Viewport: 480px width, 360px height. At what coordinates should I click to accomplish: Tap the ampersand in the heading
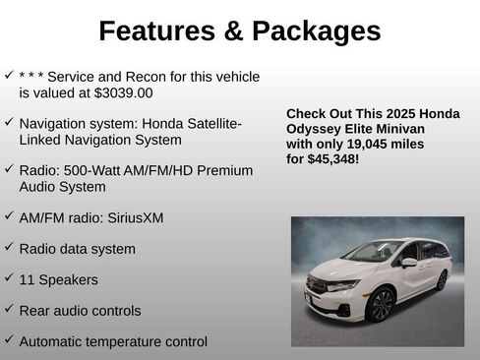(x=232, y=31)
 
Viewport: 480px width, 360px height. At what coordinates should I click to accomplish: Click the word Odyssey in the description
(x=314, y=129)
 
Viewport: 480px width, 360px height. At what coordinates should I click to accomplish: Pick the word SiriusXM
(x=131, y=217)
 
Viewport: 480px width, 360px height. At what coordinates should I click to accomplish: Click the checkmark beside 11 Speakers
(x=9, y=278)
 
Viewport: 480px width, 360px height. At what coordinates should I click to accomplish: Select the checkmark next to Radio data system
(x=9, y=247)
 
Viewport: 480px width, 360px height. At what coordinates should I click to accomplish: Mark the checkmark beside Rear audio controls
(x=9, y=309)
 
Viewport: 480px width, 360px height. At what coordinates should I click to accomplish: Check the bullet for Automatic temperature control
(x=9, y=340)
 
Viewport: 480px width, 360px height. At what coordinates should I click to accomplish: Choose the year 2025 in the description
(x=393, y=114)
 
